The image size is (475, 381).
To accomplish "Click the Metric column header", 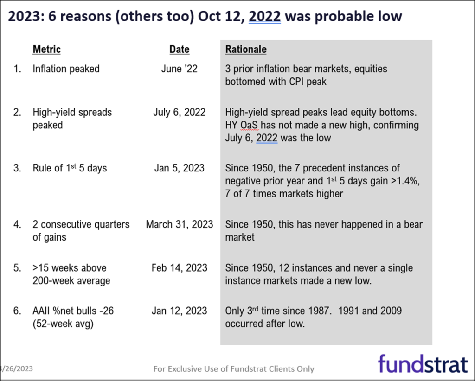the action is coord(47,49).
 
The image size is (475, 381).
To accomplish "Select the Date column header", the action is coord(180,49).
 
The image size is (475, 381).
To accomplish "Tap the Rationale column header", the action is coord(246,49).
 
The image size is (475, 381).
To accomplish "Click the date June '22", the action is coord(180,69).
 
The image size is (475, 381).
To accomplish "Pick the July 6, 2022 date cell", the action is coord(180,112).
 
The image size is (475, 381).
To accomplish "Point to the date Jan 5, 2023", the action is coord(180,168).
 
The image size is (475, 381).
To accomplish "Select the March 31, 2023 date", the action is coord(180,224).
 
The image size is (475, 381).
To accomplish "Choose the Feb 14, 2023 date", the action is coord(180,268).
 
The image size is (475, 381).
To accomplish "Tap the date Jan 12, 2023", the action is coord(180,311).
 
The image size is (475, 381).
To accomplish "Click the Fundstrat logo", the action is coord(423,363).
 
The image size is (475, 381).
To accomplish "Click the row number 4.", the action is coord(17,224).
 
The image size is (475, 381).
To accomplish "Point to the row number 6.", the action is coord(17,311).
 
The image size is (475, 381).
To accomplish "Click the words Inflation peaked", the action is coord(66,69).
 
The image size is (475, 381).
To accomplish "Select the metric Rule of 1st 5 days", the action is coord(70,168).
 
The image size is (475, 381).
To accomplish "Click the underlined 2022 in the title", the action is coord(265,16).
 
